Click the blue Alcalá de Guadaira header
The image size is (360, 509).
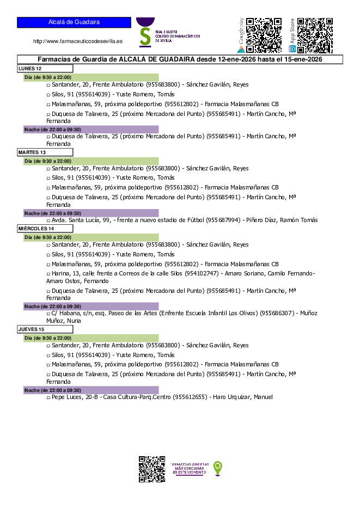pos(74,22)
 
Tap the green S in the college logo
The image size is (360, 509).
pos(145,35)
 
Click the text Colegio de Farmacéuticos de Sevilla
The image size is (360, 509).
pos(178,36)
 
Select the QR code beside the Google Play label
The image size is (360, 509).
pos(264,35)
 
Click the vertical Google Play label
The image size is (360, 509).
pos(241,31)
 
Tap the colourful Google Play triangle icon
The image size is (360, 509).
pos(241,49)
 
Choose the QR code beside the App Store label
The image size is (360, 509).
pos(315,35)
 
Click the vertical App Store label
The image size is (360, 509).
pos(292,31)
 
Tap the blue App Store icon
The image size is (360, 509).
pos(292,49)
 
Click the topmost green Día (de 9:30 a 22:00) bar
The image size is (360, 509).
pos(91,77)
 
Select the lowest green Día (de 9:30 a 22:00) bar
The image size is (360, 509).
pos(91,338)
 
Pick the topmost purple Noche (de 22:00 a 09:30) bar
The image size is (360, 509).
pos(91,130)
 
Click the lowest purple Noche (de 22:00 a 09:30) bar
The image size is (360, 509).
pos(91,390)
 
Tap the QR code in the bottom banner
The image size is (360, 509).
pos(152,469)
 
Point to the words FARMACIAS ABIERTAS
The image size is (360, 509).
pos(190,464)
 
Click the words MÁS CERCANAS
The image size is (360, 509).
pos(190,468)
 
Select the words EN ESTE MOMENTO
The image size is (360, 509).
pos(190,472)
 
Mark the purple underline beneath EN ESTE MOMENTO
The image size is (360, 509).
pos(190,475)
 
